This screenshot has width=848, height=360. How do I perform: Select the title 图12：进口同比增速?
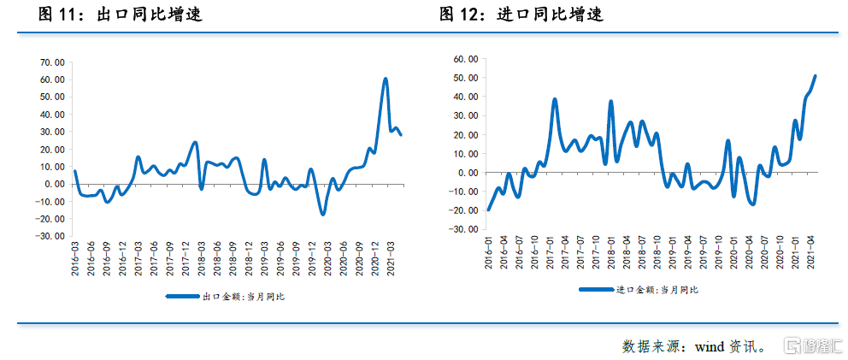click(x=521, y=15)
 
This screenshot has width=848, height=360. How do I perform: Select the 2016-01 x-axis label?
click(x=489, y=257)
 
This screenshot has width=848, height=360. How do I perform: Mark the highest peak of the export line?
click(x=386, y=79)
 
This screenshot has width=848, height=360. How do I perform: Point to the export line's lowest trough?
click(x=323, y=214)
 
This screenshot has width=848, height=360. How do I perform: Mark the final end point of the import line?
click(x=815, y=76)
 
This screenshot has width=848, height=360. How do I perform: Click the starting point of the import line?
click(x=488, y=210)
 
